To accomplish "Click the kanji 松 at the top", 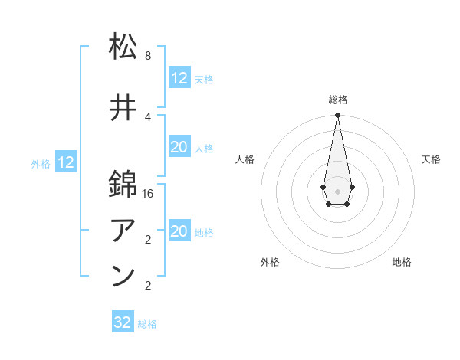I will [123, 47].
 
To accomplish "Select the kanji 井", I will [123, 108].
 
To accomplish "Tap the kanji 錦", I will [123, 185].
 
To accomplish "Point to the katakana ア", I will [123, 231].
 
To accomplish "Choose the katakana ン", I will [123, 277].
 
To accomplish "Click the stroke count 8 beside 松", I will [148, 56].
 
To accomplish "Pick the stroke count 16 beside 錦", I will [149, 194].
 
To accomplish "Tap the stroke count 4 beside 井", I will [148, 116].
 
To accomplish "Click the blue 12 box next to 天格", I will [179, 78].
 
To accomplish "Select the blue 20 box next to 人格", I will [179, 147].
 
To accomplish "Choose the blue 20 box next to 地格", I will [179, 231].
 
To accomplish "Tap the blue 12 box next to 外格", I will [66, 162].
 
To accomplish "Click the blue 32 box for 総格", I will [123, 322].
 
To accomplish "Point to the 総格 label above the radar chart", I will [338, 100].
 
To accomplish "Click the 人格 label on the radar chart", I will [245, 159].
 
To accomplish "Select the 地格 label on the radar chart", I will [402, 262].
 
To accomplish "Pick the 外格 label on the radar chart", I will [270, 262].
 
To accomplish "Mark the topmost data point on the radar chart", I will [337, 115].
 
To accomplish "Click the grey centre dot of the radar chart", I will [337, 190].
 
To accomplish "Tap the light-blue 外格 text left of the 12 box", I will [41, 163].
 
